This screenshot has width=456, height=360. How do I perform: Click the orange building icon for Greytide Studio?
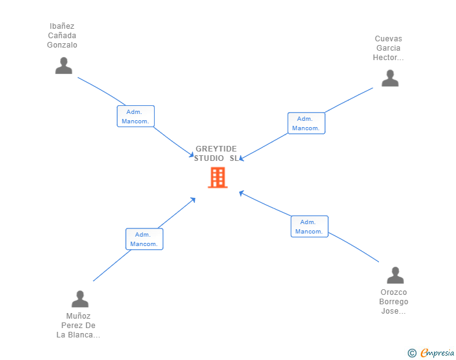(x=217, y=177)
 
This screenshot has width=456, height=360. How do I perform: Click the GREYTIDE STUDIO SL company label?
(x=216, y=153)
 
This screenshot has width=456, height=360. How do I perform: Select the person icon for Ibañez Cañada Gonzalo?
(x=63, y=66)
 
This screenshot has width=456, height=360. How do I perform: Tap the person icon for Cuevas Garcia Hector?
(x=390, y=78)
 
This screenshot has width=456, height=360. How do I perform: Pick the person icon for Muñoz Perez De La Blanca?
(x=80, y=299)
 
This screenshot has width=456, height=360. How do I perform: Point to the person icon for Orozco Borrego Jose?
(x=395, y=275)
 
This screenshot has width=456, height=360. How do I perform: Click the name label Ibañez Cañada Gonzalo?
(x=62, y=36)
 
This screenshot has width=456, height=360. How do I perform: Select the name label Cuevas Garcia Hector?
(x=388, y=48)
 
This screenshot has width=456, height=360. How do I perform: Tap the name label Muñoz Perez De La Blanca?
(x=78, y=326)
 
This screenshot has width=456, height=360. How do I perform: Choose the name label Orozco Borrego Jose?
(x=394, y=302)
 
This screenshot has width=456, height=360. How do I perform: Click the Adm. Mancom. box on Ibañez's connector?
(x=135, y=116)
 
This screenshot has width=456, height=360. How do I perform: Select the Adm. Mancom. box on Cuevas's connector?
(x=306, y=123)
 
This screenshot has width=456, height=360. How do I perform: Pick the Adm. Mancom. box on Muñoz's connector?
(x=144, y=239)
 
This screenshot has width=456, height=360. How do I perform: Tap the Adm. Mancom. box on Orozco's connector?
(x=309, y=227)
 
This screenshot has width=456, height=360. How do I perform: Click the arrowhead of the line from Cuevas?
(x=241, y=158)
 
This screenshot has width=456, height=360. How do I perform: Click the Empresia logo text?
(x=437, y=353)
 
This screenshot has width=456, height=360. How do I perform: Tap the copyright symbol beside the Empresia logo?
(x=412, y=354)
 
